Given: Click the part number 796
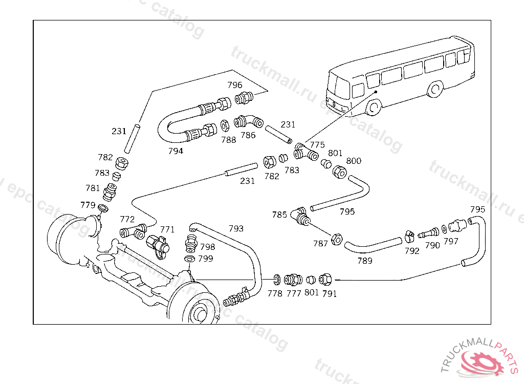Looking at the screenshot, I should pos(235,85).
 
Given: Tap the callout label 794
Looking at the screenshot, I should pos(176,151).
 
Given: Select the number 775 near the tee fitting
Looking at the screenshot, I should pos(317,145).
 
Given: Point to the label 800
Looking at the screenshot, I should pos(354,161).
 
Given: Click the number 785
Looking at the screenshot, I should pos(279,215).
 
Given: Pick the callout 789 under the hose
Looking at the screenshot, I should pos(365,261).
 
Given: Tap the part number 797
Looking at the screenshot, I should pos(451,241).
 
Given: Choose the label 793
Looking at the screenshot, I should pos(236,228).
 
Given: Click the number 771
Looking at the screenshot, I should pos(167,229).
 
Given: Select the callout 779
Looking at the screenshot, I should pos(88,205).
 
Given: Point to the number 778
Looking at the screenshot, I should pos(275,293).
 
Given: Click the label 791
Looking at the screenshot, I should pos(330,294).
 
